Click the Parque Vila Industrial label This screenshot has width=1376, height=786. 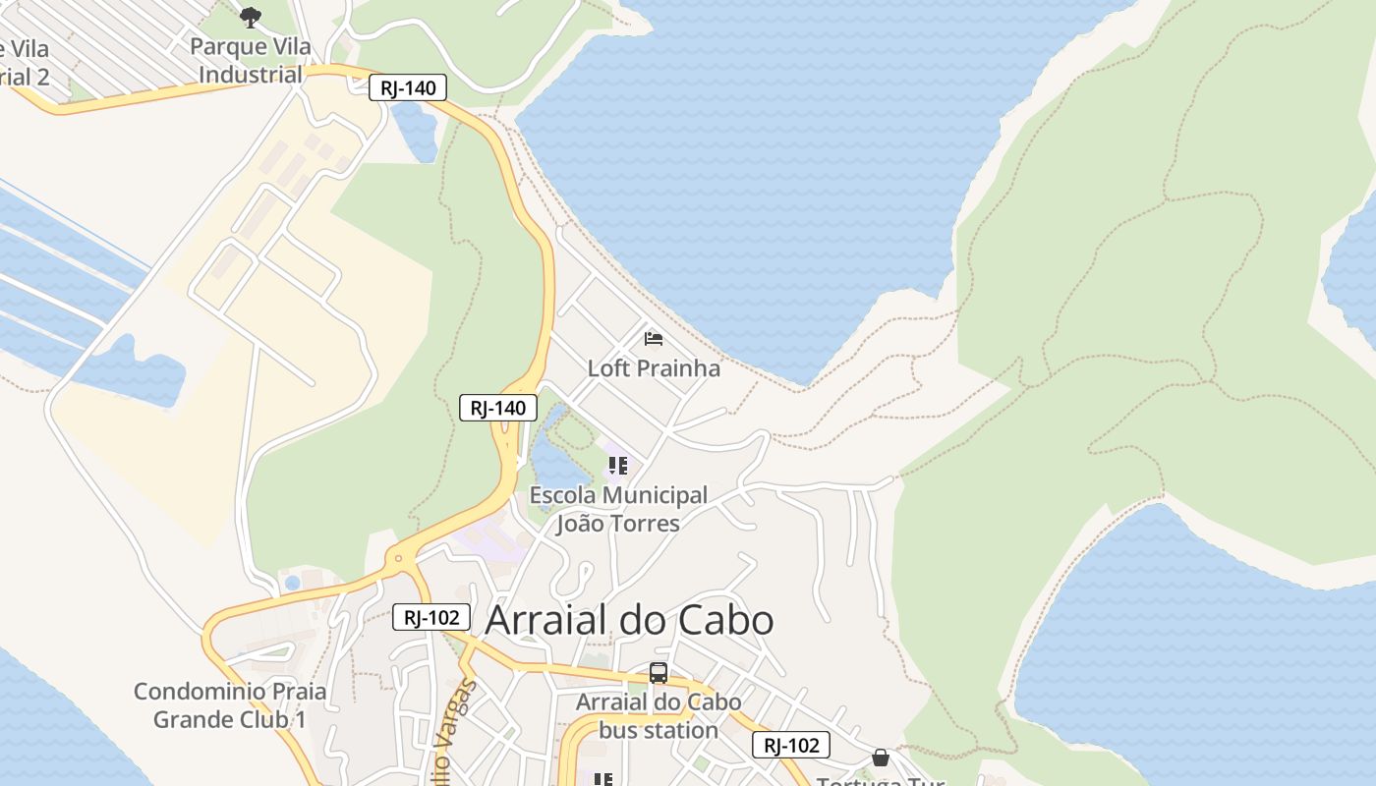pos(251,61)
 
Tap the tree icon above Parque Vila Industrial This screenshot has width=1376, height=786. pos(251,17)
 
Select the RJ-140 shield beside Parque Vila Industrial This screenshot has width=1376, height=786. pos(408,88)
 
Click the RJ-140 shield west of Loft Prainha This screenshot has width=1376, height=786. pos(498,408)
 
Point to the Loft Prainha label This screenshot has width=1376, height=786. pos(654,368)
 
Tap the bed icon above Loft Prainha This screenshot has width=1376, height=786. pos(654,339)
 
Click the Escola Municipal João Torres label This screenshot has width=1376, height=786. pos(618,509)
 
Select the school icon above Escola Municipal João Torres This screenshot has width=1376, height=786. pos(617,466)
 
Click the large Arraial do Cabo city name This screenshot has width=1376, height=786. pos(629,620)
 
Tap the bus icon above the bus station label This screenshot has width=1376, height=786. pos(659,673)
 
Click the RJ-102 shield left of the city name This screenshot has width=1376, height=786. pos(431,618)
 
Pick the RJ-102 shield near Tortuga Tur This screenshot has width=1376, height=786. pos(791,745)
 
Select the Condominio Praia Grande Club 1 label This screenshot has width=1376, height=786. pos(230,705)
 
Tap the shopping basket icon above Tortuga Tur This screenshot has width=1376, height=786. pos(881,758)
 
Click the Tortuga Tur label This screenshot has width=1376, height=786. pos(880,781)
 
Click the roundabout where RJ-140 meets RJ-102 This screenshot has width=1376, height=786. pos(398,560)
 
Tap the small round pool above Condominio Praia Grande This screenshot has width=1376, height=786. pos(292,583)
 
